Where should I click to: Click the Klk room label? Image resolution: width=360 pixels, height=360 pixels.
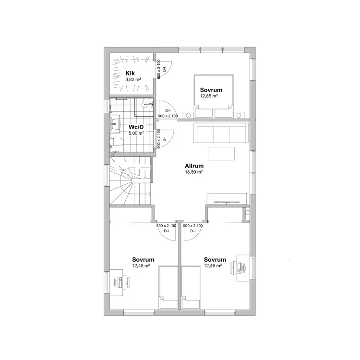(130, 73)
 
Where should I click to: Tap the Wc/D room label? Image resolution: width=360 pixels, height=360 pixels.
(136, 127)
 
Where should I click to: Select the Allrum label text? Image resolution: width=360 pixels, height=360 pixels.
(194, 166)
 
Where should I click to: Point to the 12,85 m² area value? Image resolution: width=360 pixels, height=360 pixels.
(209, 96)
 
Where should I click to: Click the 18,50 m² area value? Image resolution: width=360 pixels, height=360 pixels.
(194, 172)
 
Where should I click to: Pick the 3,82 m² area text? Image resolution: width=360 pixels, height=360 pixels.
(133, 79)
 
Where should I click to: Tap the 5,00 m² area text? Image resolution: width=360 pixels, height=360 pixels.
(136, 133)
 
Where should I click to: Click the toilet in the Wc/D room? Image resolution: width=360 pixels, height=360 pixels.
(117, 143)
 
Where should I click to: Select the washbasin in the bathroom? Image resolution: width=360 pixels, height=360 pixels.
(115, 124)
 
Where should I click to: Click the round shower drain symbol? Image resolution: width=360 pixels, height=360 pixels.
(144, 104)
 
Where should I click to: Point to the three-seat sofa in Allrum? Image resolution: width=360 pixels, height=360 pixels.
(221, 132)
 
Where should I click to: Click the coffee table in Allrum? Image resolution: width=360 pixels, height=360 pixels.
(221, 154)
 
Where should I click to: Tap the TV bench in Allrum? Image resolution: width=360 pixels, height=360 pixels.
(227, 199)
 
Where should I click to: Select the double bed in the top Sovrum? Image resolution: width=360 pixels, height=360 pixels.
(214, 96)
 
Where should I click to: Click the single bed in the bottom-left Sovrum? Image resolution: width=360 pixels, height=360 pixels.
(168, 288)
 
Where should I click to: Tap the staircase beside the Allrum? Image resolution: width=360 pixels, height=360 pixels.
(130, 180)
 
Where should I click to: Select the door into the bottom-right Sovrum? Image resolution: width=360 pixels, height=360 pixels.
(193, 231)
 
